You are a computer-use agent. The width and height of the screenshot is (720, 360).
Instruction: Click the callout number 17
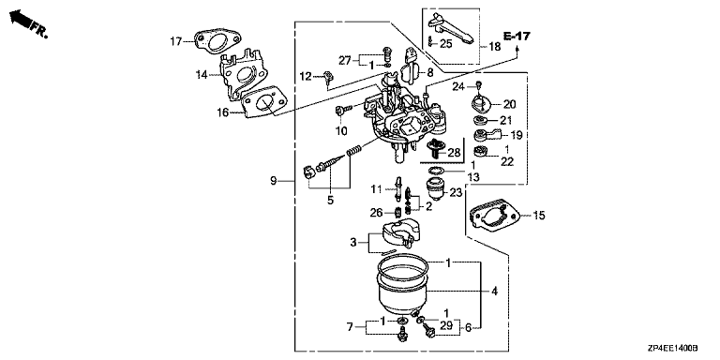pyautogui.click(x=176, y=42)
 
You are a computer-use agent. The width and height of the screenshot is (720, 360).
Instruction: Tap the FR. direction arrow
pyautogui.click(x=21, y=20)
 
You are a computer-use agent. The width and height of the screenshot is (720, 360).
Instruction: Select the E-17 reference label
pyautogui.click(x=517, y=36)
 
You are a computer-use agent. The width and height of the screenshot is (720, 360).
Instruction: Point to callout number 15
pyautogui.click(x=539, y=215)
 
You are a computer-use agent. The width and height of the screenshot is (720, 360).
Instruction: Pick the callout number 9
pyautogui.click(x=273, y=181)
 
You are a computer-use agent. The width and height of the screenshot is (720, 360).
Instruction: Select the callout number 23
pyautogui.click(x=456, y=193)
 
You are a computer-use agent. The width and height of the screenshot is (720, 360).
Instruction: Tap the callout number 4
pyautogui.click(x=494, y=291)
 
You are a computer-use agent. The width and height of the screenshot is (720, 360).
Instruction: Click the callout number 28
pyautogui.click(x=454, y=152)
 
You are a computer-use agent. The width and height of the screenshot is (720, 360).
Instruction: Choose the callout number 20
pyautogui.click(x=510, y=104)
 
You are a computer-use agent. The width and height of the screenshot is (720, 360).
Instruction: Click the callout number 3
pyautogui.click(x=353, y=242)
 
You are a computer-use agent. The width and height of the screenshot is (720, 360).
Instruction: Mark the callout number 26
pyautogui.click(x=377, y=213)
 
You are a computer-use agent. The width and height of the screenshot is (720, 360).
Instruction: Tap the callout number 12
pyautogui.click(x=306, y=76)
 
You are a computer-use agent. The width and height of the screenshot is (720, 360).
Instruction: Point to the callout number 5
pyautogui.click(x=330, y=201)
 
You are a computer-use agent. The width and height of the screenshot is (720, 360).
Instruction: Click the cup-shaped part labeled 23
pyautogui.click(x=435, y=188)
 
